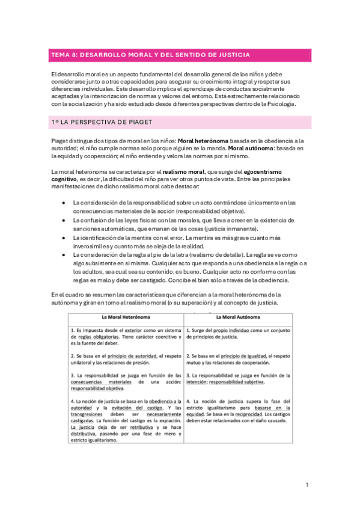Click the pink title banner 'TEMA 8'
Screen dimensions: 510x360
(x=180, y=55)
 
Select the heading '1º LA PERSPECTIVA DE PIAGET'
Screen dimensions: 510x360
(x=100, y=121)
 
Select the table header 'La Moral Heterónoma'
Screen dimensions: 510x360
(x=126, y=317)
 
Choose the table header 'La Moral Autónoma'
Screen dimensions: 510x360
(x=241, y=317)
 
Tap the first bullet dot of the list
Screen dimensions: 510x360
(x=64, y=203)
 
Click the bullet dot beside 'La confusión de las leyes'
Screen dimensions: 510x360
(x=64, y=221)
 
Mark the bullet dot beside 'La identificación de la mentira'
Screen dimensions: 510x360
(x=64, y=238)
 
